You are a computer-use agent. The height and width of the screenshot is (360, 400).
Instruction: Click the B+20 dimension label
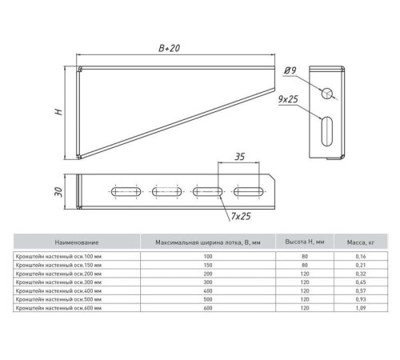[x=170, y=48]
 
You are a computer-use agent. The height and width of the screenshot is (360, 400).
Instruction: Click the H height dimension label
[x=58, y=111]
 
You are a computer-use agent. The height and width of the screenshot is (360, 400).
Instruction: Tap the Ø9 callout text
[x=290, y=70]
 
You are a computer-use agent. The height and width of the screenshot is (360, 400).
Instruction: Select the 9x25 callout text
[x=288, y=99]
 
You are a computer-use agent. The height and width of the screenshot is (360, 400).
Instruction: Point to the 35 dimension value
[x=239, y=157]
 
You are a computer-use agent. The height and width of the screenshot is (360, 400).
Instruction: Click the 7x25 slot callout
[x=241, y=216]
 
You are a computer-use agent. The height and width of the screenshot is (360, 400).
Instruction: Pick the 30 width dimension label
[x=58, y=192]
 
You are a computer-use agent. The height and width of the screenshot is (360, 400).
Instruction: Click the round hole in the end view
[x=327, y=94]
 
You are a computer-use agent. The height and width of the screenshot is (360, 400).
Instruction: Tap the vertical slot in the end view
[x=327, y=131]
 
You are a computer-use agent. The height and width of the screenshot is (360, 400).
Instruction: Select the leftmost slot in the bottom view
[x=126, y=192]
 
